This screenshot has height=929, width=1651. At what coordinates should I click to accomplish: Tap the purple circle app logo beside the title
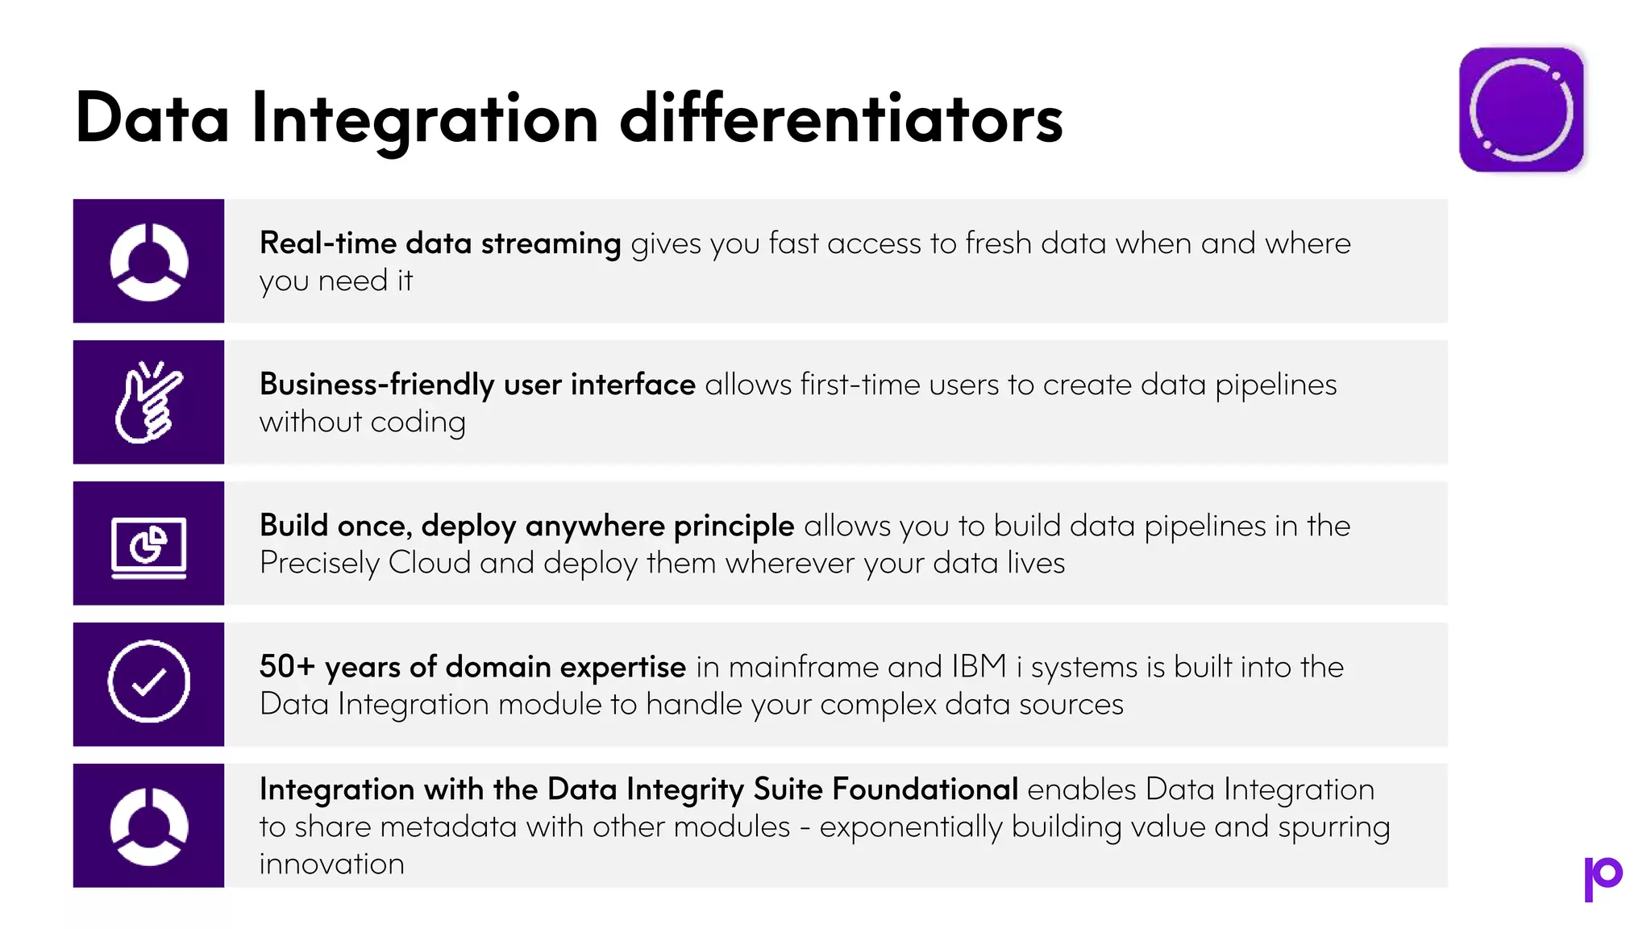(1521, 110)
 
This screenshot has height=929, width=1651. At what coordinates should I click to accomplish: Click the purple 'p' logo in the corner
(1603, 878)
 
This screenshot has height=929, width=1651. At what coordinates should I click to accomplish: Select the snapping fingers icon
(148, 402)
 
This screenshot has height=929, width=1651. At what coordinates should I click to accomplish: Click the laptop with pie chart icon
(148, 547)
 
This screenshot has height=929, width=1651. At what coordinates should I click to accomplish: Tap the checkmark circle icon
(148, 681)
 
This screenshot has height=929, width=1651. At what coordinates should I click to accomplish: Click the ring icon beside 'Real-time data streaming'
(148, 261)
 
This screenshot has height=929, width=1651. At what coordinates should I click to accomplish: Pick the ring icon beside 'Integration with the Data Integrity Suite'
(148, 826)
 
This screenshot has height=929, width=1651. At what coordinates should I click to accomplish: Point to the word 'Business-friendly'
(376, 385)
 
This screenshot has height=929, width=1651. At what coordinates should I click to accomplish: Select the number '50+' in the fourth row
(287, 667)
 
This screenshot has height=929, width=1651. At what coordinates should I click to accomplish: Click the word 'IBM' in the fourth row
(979, 667)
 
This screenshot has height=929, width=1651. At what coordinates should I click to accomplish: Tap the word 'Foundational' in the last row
(925, 789)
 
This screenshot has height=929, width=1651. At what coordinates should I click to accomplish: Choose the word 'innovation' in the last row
(331, 864)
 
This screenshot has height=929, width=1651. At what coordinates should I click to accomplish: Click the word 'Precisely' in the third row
(319, 563)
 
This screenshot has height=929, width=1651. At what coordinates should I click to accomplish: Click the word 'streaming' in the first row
(551, 243)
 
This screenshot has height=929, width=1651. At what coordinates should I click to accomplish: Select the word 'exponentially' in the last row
(911, 827)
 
